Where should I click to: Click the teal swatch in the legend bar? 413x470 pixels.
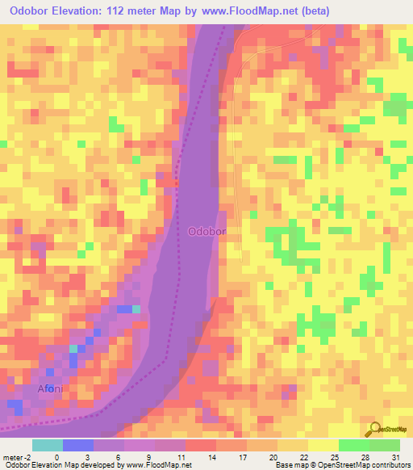pyautogui.click(x=48, y=445)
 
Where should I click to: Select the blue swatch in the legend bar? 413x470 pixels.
pyautogui.click(x=78, y=445)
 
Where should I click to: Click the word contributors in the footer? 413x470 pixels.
pyautogui.click(x=387, y=465)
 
